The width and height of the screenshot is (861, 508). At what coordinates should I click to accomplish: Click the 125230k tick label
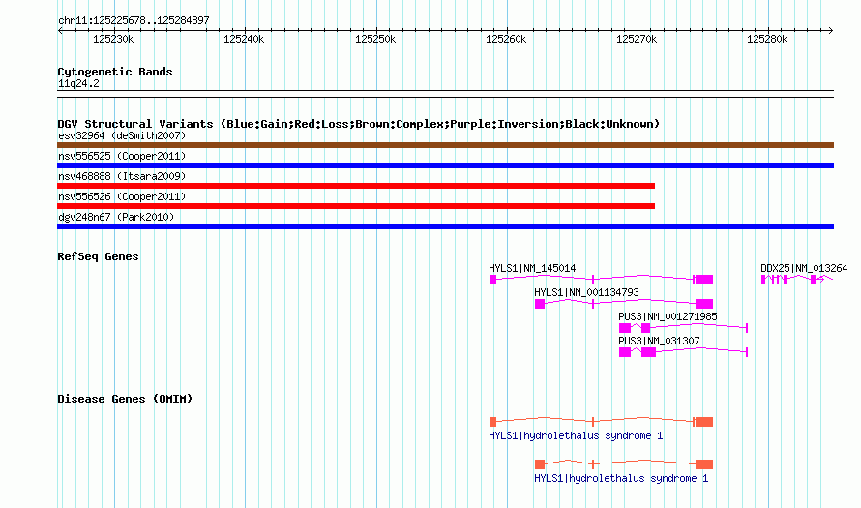tap(113, 39)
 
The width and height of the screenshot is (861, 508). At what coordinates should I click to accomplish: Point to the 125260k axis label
tap(506, 39)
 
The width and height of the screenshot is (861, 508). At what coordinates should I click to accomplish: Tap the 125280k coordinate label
tap(767, 39)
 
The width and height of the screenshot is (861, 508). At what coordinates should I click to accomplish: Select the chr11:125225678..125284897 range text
tap(134, 20)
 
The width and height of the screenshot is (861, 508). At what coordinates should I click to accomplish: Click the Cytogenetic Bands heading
tap(115, 72)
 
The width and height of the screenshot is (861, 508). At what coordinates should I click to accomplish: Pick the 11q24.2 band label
tap(78, 83)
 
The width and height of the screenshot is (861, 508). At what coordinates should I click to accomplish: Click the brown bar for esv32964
tap(445, 145)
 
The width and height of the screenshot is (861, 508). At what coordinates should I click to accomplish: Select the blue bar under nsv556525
tap(445, 165)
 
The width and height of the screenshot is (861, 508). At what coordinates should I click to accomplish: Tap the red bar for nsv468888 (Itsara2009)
tap(356, 186)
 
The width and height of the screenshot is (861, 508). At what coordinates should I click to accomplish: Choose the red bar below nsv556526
tap(356, 206)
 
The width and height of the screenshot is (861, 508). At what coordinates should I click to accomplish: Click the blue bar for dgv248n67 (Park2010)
tap(445, 226)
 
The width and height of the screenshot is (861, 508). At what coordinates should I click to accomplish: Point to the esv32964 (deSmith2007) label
tap(122, 135)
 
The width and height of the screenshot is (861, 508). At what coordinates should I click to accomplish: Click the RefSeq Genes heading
tap(98, 256)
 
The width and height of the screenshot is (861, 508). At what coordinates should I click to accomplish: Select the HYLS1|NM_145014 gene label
tap(532, 269)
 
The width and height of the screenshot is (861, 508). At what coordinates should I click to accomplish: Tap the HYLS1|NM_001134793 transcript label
tap(586, 293)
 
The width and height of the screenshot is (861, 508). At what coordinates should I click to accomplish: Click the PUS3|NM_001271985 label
tap(668, 316)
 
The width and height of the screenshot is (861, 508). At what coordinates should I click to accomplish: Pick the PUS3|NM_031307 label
tap(659, 341)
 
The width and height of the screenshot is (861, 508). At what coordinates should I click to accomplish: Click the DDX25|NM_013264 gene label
tap(804, 269)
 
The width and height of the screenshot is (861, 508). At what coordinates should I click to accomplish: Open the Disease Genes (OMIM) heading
tap(125, 399)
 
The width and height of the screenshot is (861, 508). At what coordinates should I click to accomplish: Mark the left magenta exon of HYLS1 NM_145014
tap(492, 280)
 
